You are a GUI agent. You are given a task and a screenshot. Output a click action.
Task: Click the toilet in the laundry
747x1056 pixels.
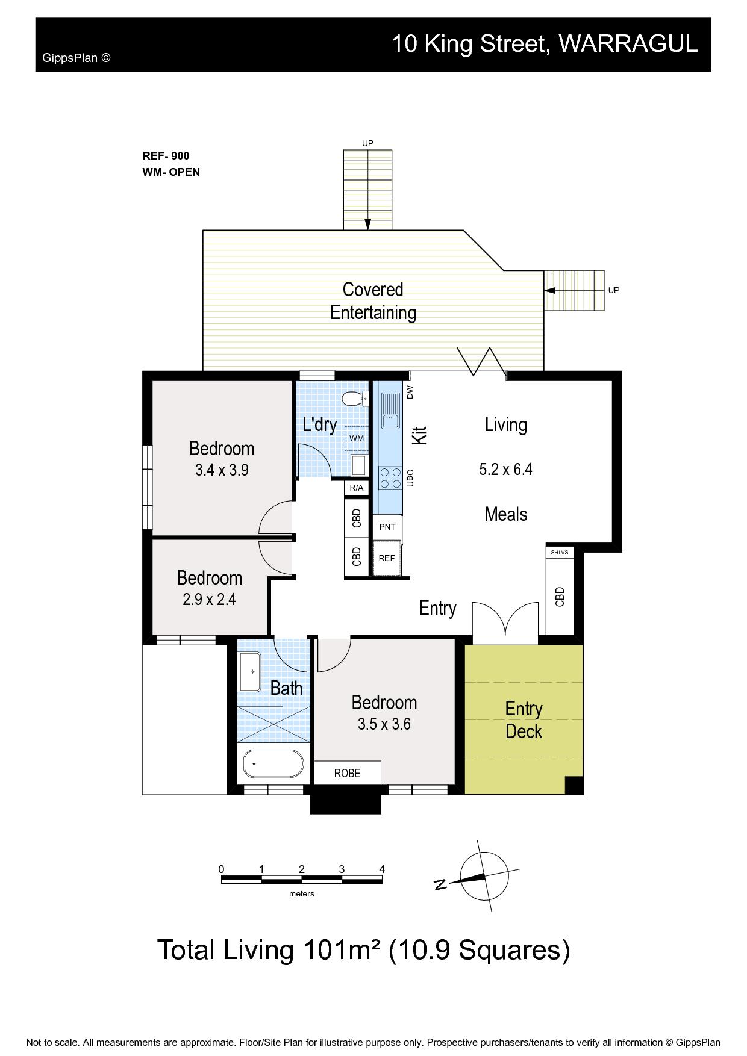(353, 399)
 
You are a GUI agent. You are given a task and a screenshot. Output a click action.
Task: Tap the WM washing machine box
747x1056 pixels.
(356, 438)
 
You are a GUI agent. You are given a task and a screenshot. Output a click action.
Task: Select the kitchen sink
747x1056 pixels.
(390, 410)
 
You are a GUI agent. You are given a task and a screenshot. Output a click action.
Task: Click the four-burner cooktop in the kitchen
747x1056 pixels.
(390, 477)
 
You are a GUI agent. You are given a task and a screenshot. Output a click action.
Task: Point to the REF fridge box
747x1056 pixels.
(387, 558)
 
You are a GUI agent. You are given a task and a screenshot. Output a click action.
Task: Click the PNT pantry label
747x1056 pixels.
(387, 527)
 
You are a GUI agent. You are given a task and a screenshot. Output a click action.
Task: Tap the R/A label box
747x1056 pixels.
(357, 488)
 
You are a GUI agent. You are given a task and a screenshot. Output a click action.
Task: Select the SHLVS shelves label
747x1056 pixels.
(560, 552)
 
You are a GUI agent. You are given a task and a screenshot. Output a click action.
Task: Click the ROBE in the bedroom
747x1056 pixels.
(348, 773)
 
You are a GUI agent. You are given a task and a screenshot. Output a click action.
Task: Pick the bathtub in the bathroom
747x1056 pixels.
(274, 763)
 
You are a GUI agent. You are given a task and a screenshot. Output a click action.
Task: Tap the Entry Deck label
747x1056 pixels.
(524, 720)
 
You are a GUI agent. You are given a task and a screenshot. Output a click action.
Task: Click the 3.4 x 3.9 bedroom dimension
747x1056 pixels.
(222, 470)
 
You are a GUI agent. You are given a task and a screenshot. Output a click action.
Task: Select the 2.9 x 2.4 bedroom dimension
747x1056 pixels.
(209, 600)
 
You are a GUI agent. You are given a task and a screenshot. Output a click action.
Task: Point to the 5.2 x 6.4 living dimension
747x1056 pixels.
(505, 469)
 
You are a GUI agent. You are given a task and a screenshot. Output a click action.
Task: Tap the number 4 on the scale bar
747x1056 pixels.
(382, 869)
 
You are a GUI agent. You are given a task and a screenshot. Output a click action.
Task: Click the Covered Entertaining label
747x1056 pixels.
(373, 301)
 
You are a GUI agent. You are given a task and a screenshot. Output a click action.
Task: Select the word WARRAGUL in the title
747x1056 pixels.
(628, 43)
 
